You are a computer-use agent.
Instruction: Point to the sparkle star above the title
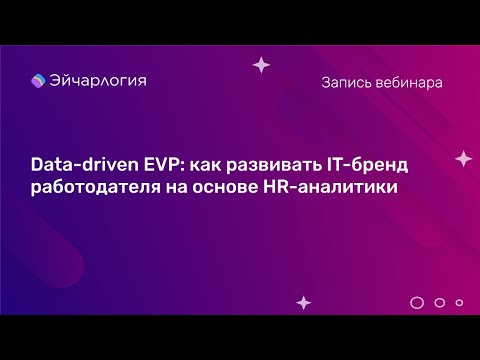pos(261,65)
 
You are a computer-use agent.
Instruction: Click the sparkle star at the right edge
pos(462,158)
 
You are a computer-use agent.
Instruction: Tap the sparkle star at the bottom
pos(304,300)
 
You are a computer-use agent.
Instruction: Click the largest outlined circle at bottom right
pos(417,301)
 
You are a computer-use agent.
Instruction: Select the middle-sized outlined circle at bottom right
pos(440,301)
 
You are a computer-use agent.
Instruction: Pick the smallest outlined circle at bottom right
pos(459,301)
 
